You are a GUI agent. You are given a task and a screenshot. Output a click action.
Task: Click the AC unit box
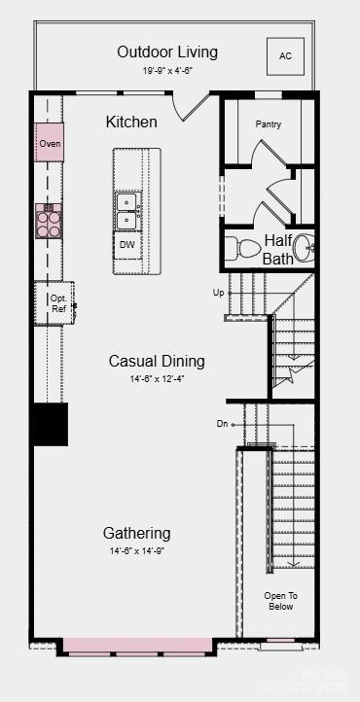pos(285,56)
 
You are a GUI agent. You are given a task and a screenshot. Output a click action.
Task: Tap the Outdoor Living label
pos(167,52)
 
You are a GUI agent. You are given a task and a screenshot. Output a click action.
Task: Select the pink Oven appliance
pos(50,143)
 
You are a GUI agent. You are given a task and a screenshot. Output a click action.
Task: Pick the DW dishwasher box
pos(127,245)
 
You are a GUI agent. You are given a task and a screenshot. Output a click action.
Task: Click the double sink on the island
pos(127,210)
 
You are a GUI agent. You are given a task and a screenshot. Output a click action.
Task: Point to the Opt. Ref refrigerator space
pos(57,302)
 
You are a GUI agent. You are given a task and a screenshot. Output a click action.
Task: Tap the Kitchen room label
pos(131,122)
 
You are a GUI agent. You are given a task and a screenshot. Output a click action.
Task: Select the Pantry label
pos(269,124)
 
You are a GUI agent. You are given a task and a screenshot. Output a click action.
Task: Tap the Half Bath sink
pos(305,248)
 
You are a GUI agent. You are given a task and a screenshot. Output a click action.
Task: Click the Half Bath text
pos(277,249)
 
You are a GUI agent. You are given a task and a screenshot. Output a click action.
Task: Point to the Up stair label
pos(219,292)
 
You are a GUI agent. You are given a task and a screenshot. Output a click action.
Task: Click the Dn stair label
pos(223,423)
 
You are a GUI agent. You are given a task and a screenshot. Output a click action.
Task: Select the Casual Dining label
pos(157,361)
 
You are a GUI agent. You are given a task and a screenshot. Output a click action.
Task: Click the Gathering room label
pos(137,533)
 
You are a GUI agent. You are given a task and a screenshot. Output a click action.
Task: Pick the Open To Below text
pos(280,601)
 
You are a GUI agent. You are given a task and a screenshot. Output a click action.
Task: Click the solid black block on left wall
pos(50,424)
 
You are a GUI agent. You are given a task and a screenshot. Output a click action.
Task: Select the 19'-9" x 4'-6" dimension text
pos(166,70)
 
